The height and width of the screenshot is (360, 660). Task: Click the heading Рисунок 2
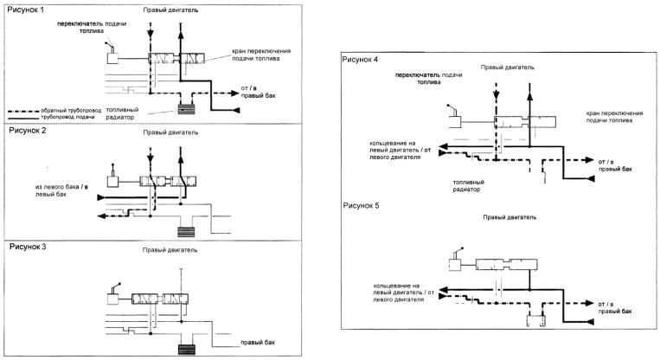[28, 131]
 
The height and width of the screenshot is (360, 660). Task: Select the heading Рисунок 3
[29, 246]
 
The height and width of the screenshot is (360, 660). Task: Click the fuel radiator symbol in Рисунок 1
[186, 108]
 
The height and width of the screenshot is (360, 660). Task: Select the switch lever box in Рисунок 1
[112, 58]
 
